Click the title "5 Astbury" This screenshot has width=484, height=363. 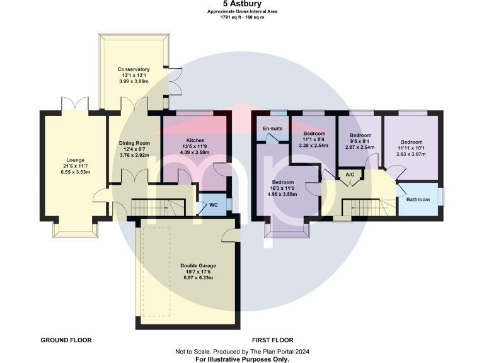[242, 3]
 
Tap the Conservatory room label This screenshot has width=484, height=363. [134, 69]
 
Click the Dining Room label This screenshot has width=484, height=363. [134, 143]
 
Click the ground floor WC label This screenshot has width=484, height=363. [213, 205]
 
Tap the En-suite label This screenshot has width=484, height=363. [272, 129]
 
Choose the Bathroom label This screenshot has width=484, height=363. [418, 199]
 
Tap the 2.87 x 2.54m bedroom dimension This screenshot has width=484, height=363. [359, 147]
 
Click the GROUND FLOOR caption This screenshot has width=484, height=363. [66, 340]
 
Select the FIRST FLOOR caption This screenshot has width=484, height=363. [272, 340]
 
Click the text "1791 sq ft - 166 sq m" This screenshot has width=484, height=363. [242, 17]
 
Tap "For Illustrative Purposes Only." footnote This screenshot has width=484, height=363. [242, 359]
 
